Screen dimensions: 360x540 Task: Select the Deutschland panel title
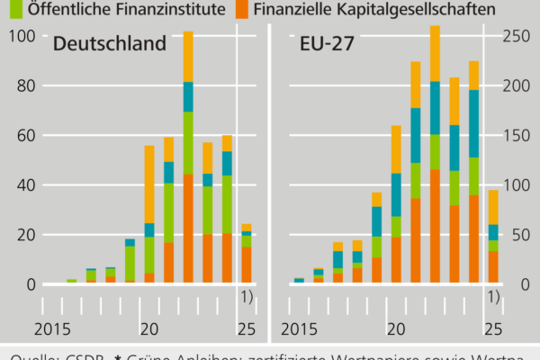point(110,45)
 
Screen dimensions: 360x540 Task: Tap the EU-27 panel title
point(327,45)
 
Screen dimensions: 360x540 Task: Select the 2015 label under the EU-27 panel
point(301,328)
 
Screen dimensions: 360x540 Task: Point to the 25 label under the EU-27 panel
point(492,328)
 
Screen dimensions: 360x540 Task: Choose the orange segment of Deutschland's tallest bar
point(188,229)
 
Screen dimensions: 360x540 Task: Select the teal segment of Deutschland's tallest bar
point(188,96)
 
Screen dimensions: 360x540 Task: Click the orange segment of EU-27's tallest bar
point(435,226)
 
